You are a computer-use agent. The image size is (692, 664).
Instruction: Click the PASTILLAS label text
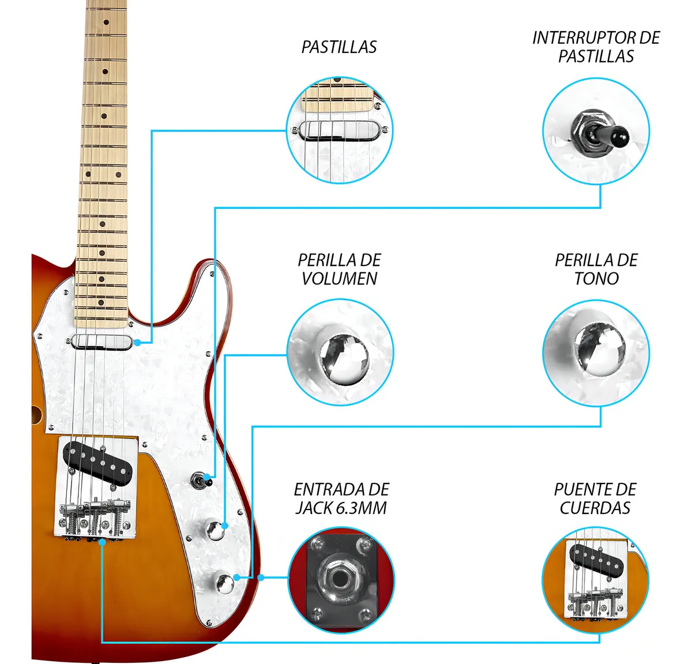[339, 47]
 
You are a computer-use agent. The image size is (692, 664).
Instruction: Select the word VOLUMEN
[340, 279]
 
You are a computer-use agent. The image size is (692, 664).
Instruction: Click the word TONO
[596, 279]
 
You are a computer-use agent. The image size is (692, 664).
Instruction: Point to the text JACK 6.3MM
[341, 508]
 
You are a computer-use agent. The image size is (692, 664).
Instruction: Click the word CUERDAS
[595, 508]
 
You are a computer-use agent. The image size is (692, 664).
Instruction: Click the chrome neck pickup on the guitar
[101, 342]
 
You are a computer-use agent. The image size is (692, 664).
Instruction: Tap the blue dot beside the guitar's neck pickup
[137, 343]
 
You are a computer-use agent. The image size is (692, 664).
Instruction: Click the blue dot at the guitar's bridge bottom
[102, 542]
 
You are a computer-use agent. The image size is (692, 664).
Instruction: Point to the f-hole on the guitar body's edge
[36, 414]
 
